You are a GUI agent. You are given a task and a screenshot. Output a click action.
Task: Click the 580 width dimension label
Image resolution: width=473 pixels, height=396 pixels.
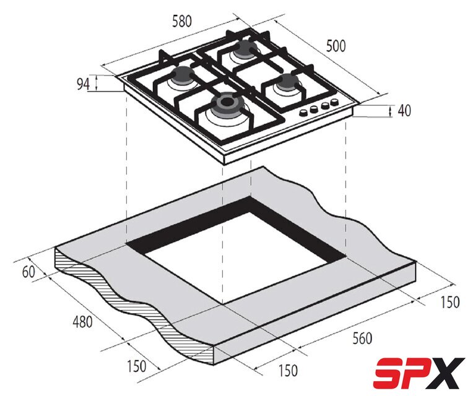[181, 22]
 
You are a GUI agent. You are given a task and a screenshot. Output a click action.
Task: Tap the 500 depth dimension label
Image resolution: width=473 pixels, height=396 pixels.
[336, 46]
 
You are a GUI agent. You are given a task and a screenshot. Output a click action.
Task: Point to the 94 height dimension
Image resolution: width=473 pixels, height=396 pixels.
[83, 84]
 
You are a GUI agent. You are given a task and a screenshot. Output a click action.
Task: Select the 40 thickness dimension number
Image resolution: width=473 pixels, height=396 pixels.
[404, 111]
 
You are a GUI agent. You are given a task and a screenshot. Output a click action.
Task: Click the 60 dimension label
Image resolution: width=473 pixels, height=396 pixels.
[29, 272]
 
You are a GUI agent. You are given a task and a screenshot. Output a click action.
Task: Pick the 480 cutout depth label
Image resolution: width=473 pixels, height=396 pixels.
[82, 322]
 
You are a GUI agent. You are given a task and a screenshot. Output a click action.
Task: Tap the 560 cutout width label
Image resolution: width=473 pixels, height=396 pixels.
[362, 338]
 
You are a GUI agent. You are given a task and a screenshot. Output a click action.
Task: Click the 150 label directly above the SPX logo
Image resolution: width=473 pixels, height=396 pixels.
[449, 303]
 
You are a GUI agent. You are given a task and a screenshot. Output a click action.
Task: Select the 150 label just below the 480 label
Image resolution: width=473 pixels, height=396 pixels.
[137, 366]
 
